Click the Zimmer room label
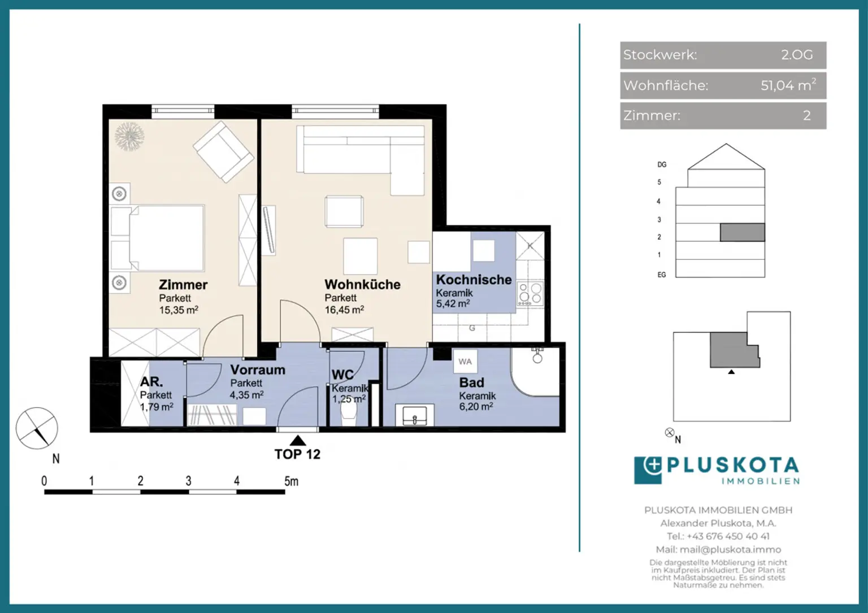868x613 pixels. click(183, 285)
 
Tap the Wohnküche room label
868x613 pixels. click(362, 284)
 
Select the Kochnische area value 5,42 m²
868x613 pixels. click(453, 304)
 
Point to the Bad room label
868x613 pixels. click(471, 382)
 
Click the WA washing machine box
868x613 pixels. click(465, 362)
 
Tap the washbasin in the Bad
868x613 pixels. click(415, 416)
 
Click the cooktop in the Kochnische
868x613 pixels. click(530, 294)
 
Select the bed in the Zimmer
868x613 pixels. click(158, 238)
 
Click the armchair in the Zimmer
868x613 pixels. click(223, 151)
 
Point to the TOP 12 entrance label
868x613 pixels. click(297, 454)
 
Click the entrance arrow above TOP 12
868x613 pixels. click(298, 441)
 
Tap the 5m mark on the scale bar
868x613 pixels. click(291, 481)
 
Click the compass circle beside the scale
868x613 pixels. click(37, 428)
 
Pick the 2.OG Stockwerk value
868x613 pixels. click(797, 55)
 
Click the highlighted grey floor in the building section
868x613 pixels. click(742, 232)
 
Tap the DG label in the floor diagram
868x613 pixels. click(662, 165)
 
